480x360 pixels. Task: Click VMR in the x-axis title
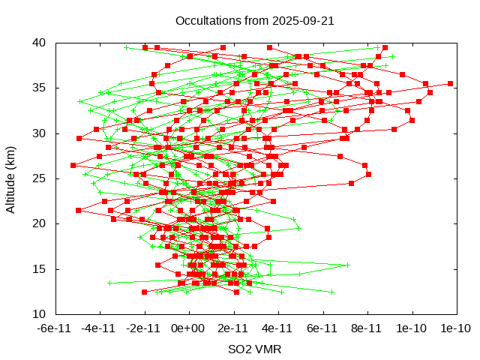(x=268, y=349)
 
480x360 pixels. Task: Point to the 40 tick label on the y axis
(x=40, y=43)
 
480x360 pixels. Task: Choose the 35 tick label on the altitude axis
(x=40, y=88)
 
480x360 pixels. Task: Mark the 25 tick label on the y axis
(x=40, y=178)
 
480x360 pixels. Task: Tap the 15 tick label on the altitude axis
(x=40, y=268)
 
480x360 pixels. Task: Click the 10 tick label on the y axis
(x=40, y=313)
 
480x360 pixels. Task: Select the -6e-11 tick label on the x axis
(x=55, y=328)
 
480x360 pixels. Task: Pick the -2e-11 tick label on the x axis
(x=144, y=328)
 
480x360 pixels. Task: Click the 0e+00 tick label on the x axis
(x=188, y=328)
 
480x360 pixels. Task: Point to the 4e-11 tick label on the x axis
(x=277, y=328)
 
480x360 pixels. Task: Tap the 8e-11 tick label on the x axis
(x=367, y=328)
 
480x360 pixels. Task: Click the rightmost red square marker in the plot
(x=450, y=83)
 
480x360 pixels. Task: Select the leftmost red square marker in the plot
(x=73, y=165)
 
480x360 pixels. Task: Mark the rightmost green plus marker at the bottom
(x=331, y=292)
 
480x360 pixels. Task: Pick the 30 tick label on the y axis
(x=40, y=133)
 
